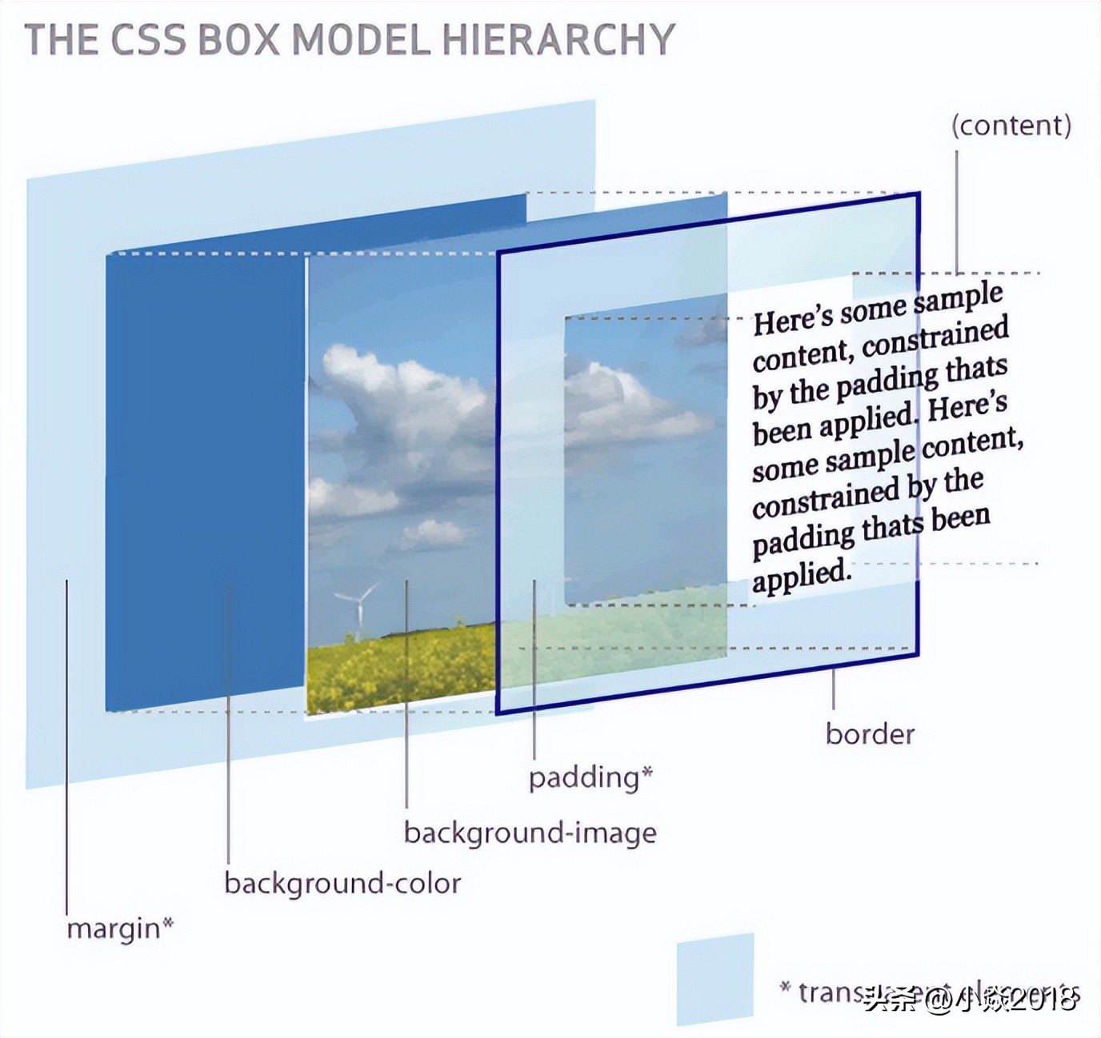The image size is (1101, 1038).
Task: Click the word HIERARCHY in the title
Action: [x=559, y=40]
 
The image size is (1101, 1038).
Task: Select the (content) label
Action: [x=1011, y=126]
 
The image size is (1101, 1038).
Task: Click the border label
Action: [x=870, y=734]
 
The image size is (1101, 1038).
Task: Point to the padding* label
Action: [x=591, y=777]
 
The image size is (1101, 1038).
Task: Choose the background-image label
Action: [x=530, y=833]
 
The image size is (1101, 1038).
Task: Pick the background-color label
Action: [x=342, y=884]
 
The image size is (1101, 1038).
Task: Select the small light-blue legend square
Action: [x=715, y=978]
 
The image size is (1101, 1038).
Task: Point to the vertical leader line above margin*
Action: [x=66, y=744]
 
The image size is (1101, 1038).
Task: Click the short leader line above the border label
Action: [x=833, y=689]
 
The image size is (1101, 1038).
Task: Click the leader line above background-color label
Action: [x=228, y=720]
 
